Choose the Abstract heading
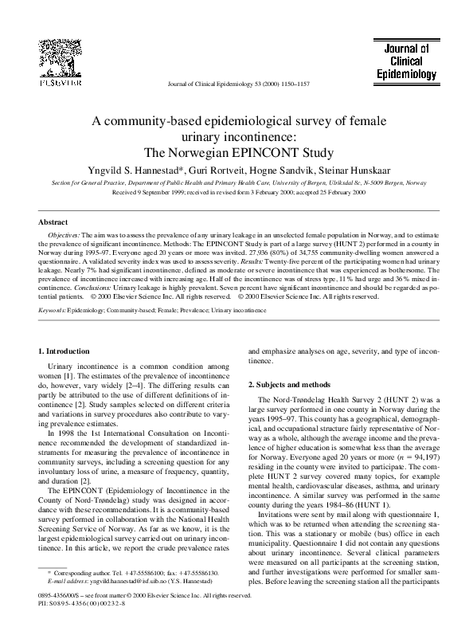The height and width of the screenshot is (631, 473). tap(53, 222)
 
